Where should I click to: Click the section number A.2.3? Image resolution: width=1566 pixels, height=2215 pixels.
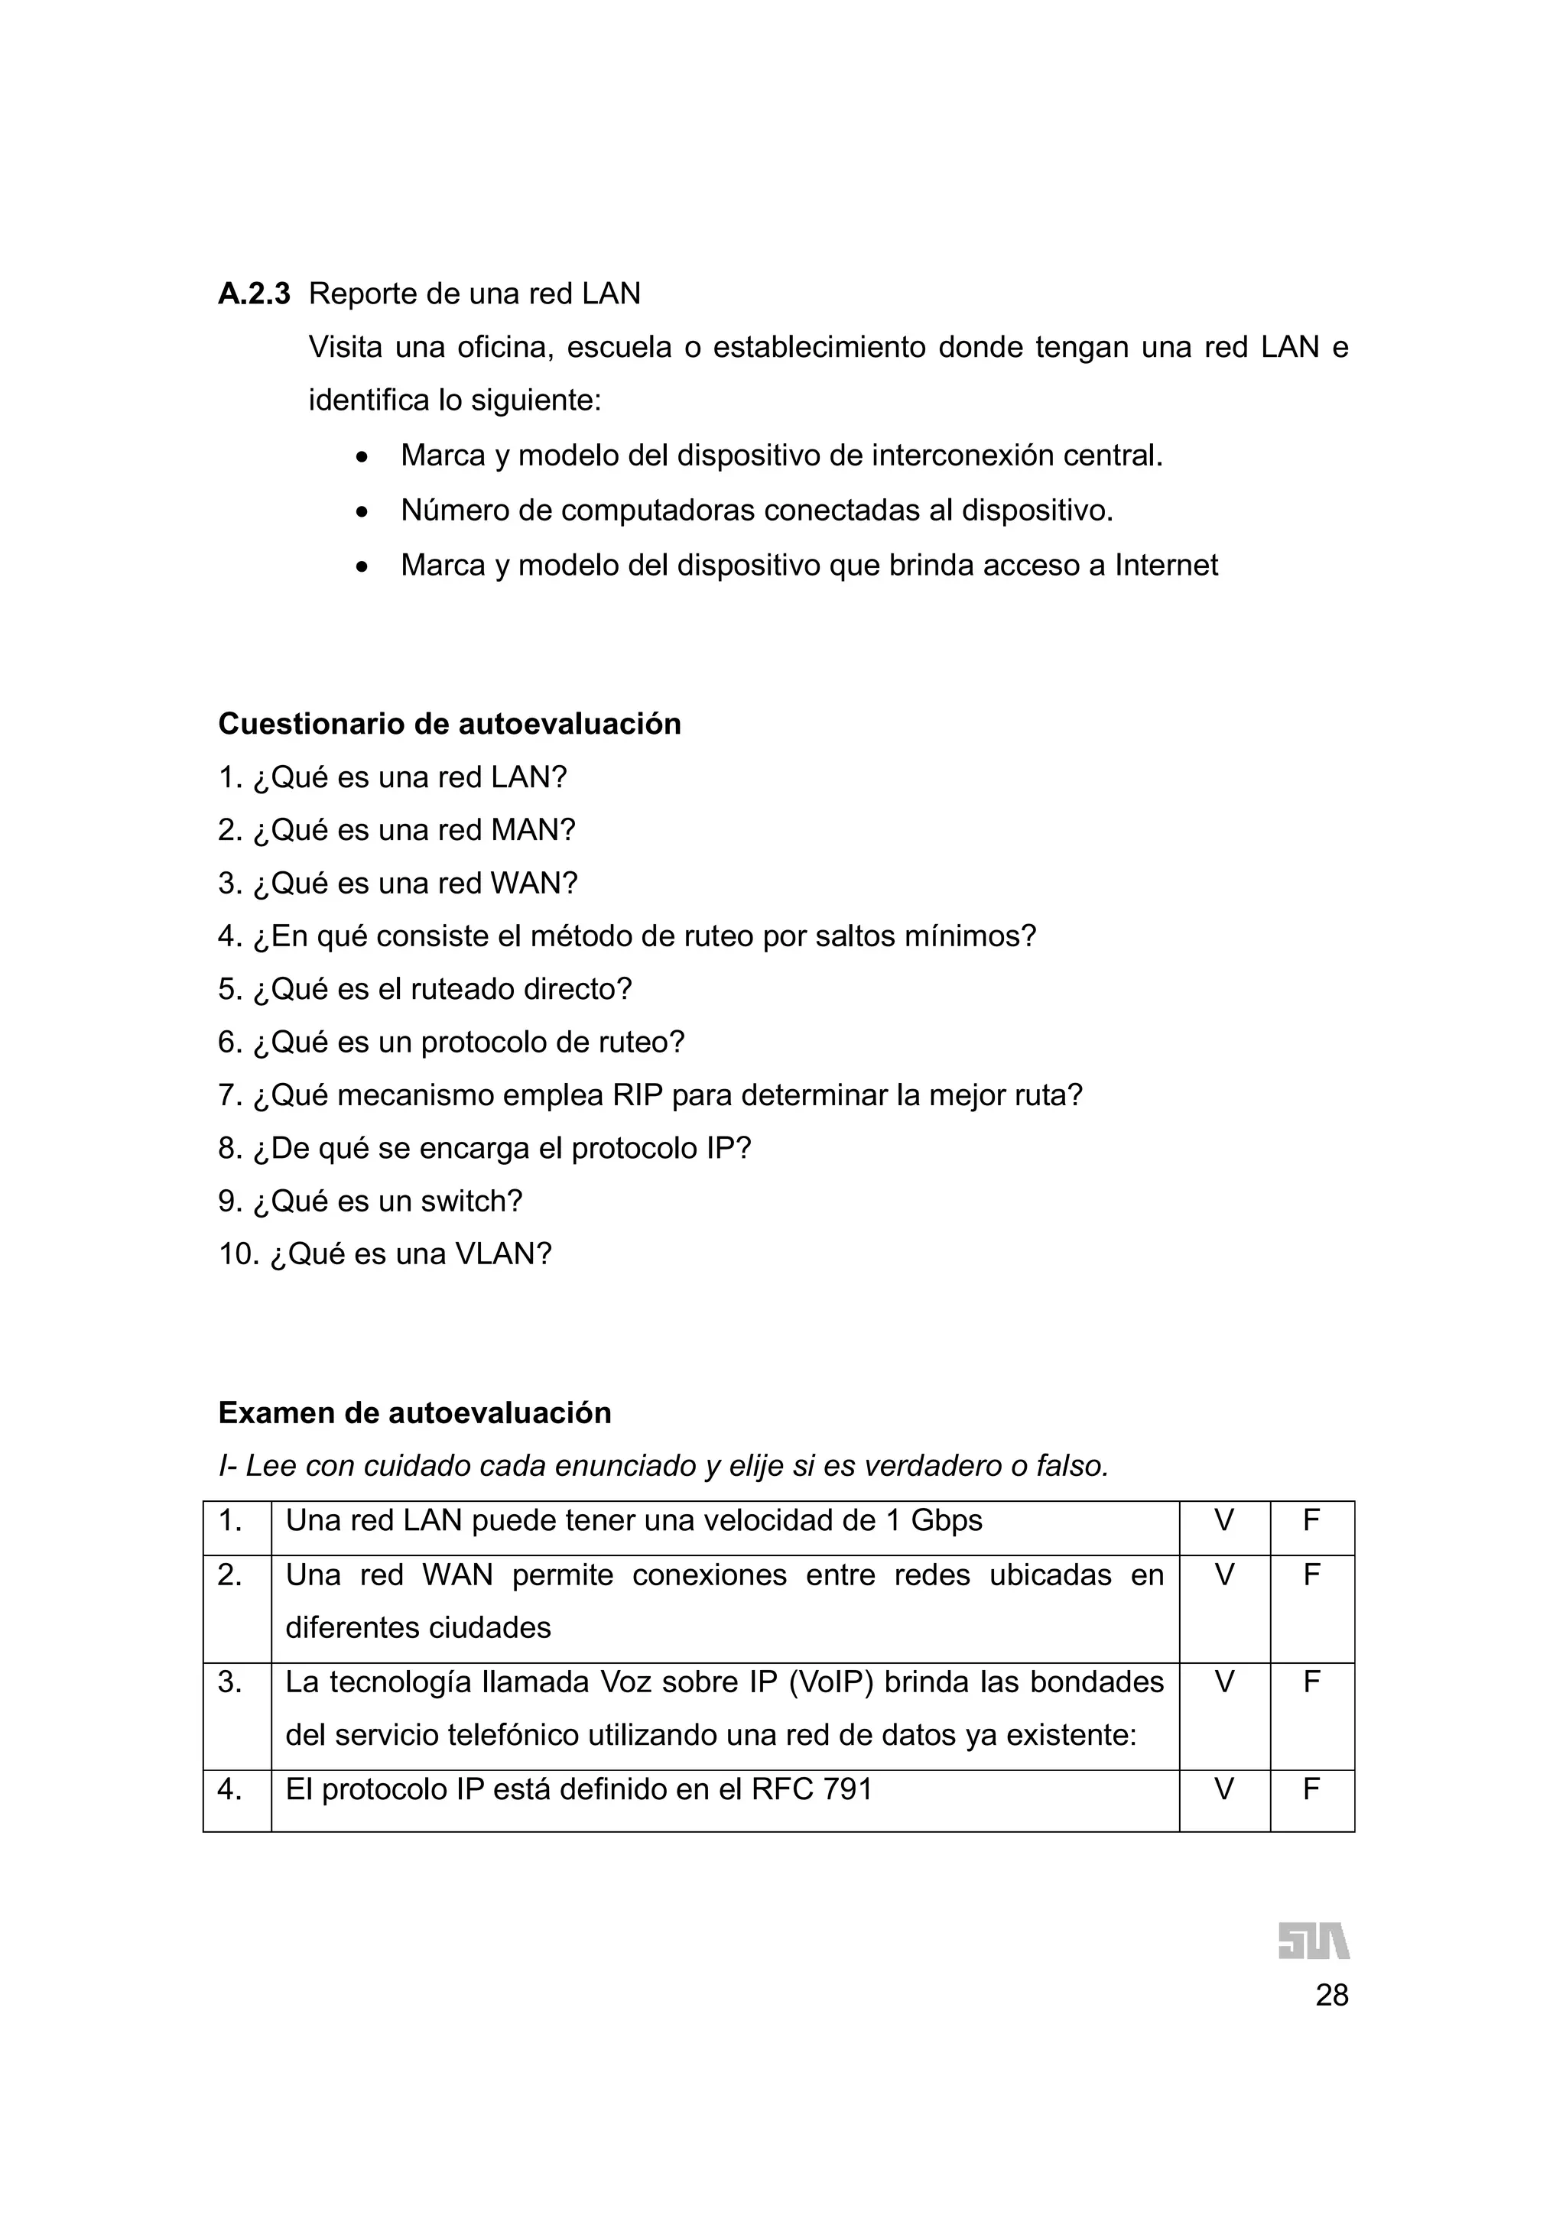254,293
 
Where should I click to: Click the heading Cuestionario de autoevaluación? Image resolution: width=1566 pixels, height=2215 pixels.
450,724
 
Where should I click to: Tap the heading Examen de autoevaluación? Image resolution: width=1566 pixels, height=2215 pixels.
415,1412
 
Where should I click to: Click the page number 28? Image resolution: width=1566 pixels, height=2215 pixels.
1331,1995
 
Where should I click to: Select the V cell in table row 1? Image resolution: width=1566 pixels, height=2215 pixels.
1223,1521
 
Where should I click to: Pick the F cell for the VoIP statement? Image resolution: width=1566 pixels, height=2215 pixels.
1311,1682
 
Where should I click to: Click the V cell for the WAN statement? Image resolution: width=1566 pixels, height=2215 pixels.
1223,1575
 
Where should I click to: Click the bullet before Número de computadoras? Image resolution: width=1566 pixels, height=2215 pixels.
362,512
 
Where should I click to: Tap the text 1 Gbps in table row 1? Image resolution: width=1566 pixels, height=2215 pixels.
933,1521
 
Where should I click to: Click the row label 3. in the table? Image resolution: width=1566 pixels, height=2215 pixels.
229,1682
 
